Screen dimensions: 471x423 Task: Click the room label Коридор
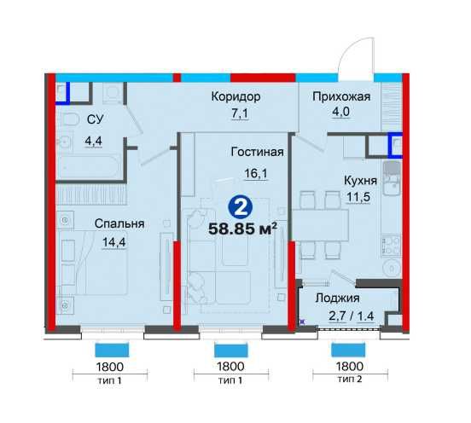(235, 96)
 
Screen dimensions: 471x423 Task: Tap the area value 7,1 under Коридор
(240, 113)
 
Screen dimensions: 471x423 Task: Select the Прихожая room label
(341, 96)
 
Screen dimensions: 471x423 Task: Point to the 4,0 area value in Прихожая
(341, 112)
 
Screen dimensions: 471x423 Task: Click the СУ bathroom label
(96, 119)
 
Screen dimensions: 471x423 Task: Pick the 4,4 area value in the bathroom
(93, 141)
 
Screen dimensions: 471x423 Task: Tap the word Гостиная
(257, 152)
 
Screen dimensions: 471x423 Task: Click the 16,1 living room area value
(256, 173)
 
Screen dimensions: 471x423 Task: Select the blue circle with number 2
(241, 208)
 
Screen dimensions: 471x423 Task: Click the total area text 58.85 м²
(242, 229)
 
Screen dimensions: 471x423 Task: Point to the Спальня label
(119, 223)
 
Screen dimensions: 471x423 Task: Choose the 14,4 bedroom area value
(114, 242)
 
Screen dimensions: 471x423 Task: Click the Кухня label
(360, 181)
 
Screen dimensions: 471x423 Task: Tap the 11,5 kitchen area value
(358, 197)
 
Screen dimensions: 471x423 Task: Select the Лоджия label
(337, 298)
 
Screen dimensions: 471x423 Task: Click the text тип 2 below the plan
(350, 380)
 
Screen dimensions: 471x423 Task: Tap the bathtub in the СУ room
(90, 165)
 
